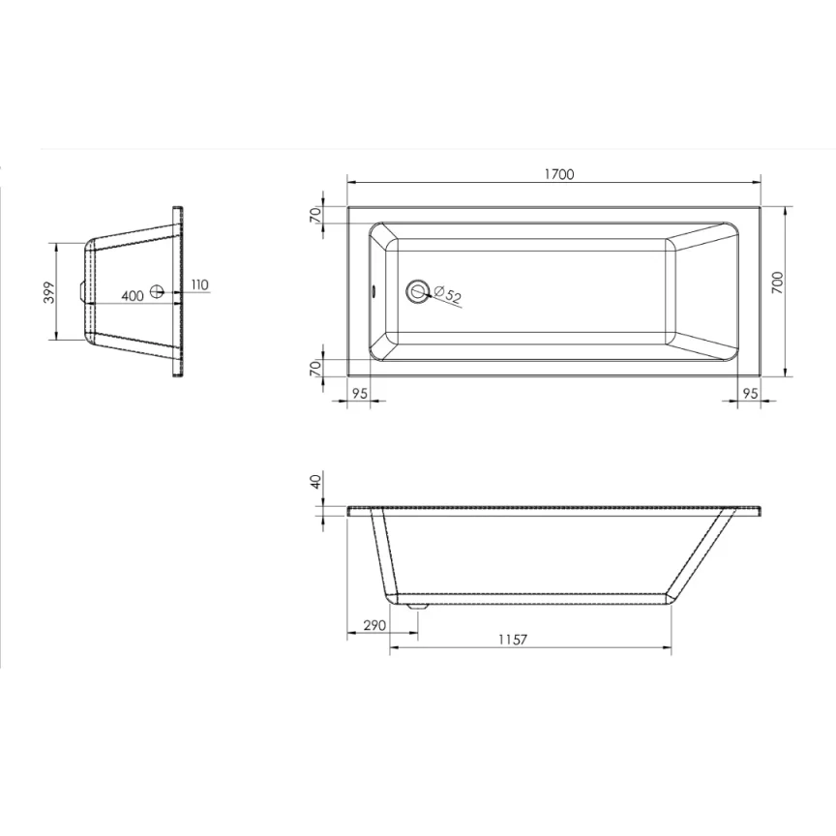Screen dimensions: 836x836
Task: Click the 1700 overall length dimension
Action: pyautogui.click(x=558, y=174)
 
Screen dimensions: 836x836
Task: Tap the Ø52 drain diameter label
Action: pyautogui.click(x=446, y=294)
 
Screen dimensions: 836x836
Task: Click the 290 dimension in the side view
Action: pyautogui.click(x=374, y=626)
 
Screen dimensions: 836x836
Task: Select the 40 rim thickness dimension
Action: pyautogui.click(x=315, y=483)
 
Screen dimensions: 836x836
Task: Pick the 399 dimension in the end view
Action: pyautogui.click(x=47, y=292)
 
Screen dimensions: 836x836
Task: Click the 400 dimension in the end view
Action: pyautogui.click(x=133, y=293)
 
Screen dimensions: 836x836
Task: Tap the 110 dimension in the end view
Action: pyautogui.click(x=199, y=284)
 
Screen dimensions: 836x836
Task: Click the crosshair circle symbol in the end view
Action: pyautogui.click(x=159, y=292)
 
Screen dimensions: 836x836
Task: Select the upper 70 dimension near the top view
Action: pyautogui.click(x=315, y=215)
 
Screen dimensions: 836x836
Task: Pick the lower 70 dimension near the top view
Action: pyautogui.click(x=315, y=367)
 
